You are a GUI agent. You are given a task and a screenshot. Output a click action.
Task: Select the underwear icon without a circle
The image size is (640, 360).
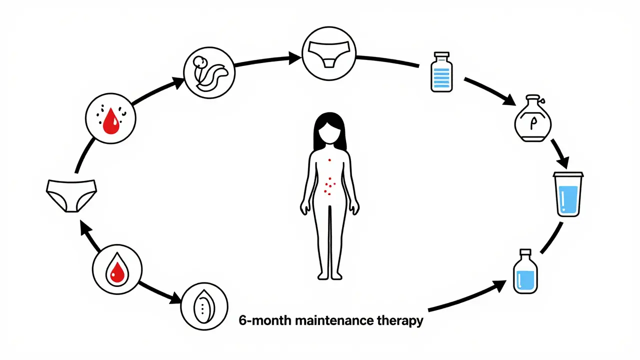point(70,195)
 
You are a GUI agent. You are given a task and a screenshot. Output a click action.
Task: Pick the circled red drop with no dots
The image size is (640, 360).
point(116,268)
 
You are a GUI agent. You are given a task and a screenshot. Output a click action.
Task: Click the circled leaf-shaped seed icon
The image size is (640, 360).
point(204,306)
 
